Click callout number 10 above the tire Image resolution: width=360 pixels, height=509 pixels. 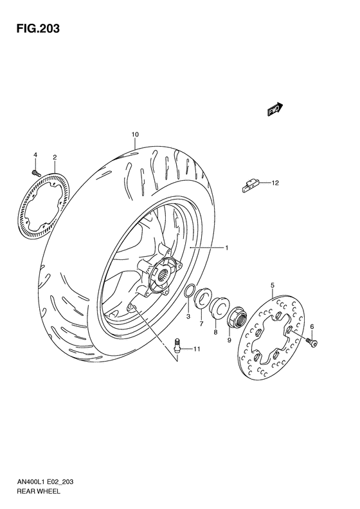coord(134,134)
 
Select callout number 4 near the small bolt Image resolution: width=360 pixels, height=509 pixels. coord(35,154)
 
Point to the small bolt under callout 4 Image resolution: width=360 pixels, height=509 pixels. coord(36,172)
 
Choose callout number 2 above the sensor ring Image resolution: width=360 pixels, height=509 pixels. coord(55,157)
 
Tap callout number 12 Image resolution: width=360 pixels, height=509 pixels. coord(275,183)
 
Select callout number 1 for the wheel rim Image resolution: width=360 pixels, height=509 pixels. coord(226,247)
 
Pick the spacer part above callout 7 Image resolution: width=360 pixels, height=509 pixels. coord(203,297)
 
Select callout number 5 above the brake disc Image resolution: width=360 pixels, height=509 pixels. coord(273,284)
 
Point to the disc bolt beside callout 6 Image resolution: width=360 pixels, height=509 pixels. coord(312,342)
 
